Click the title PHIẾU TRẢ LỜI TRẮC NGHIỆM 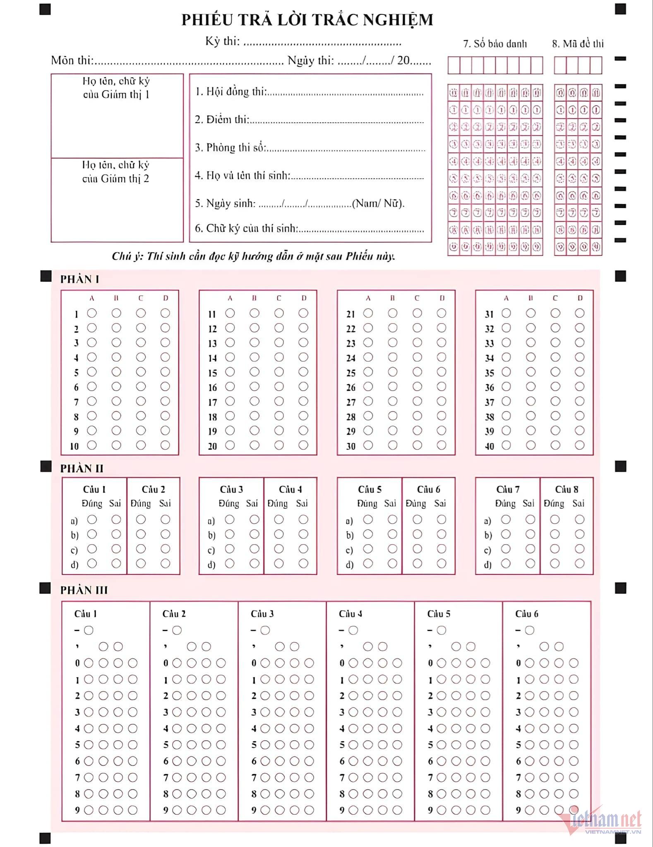pyautogui.click(x=307, y=20)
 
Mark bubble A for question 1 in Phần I pyautogui.click(x=92, y=313)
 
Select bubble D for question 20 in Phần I pyautogui.click(x=303, y=445)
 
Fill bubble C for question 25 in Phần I pyautogui.click(x=417, y=372)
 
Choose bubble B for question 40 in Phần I pyautogui.click(x=531, y=445)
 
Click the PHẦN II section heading pyautogui.click(x=82, y=468)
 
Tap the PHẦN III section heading pyautogui.click(x=84, y=590)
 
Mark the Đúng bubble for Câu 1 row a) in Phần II pyautogui.click(x=92, y=519)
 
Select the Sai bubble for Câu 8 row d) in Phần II pyautogui.click(x=579, y=563)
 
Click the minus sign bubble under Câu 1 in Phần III pyautogui.click(x=89, y=630)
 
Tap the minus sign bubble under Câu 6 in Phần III pyautogui.click(x=530, y=630)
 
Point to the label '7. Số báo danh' pyautogui.click(x=495, y=44)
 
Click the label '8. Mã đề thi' pyautogui.click(x=578, y=44)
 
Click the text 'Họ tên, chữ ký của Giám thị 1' pyautogui.click(x=116, y=88)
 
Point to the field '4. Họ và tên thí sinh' pyautogui.click(x=242, y=176)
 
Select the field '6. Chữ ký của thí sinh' pyautogui.click(x=246, y=228)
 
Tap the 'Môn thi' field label pyautogui.click(x=72, y=60)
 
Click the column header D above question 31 pyautogui.click(x=580, y=298)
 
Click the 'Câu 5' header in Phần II pyautogui.click(x=369, y=489)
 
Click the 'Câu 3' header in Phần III pyautogui.click(x=262, y=614)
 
